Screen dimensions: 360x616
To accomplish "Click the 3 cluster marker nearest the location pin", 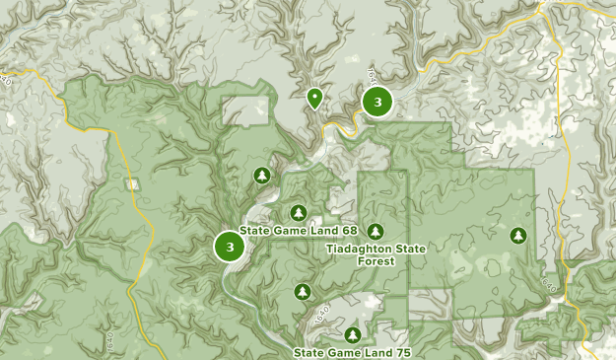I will point(377,102).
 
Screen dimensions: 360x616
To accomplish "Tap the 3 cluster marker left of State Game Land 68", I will point(230,247).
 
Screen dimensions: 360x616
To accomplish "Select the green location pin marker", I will point(314,97).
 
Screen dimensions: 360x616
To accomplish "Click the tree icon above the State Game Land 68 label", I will point(299,212).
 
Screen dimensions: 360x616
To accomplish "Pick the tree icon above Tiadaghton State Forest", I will point(376,231).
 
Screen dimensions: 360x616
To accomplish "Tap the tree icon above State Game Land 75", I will point(353,335).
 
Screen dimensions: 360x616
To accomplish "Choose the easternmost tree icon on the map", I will point(518,235).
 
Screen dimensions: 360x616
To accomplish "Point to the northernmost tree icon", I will point(261,176).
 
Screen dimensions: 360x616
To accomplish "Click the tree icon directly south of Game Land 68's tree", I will point(303,291).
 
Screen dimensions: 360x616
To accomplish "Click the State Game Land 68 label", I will point(299,230).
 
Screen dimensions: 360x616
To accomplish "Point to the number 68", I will point(349,230).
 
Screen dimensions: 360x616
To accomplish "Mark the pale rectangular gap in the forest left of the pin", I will point(246,110).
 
